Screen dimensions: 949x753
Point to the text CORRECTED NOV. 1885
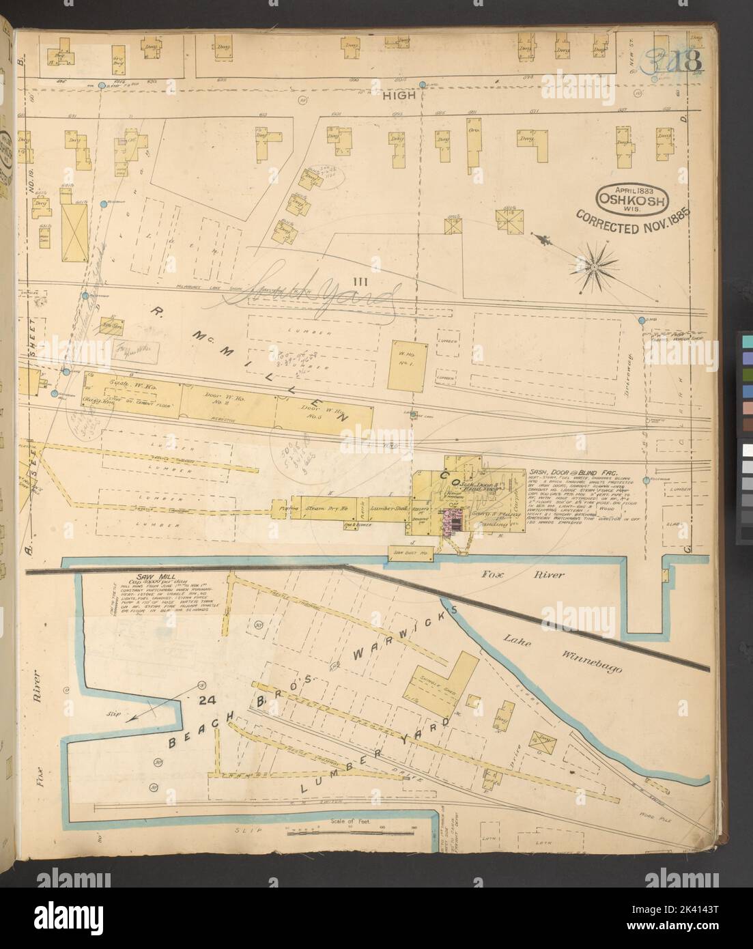click(x=634, y=224)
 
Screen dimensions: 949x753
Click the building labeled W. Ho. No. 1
click(x=407, y=363)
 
